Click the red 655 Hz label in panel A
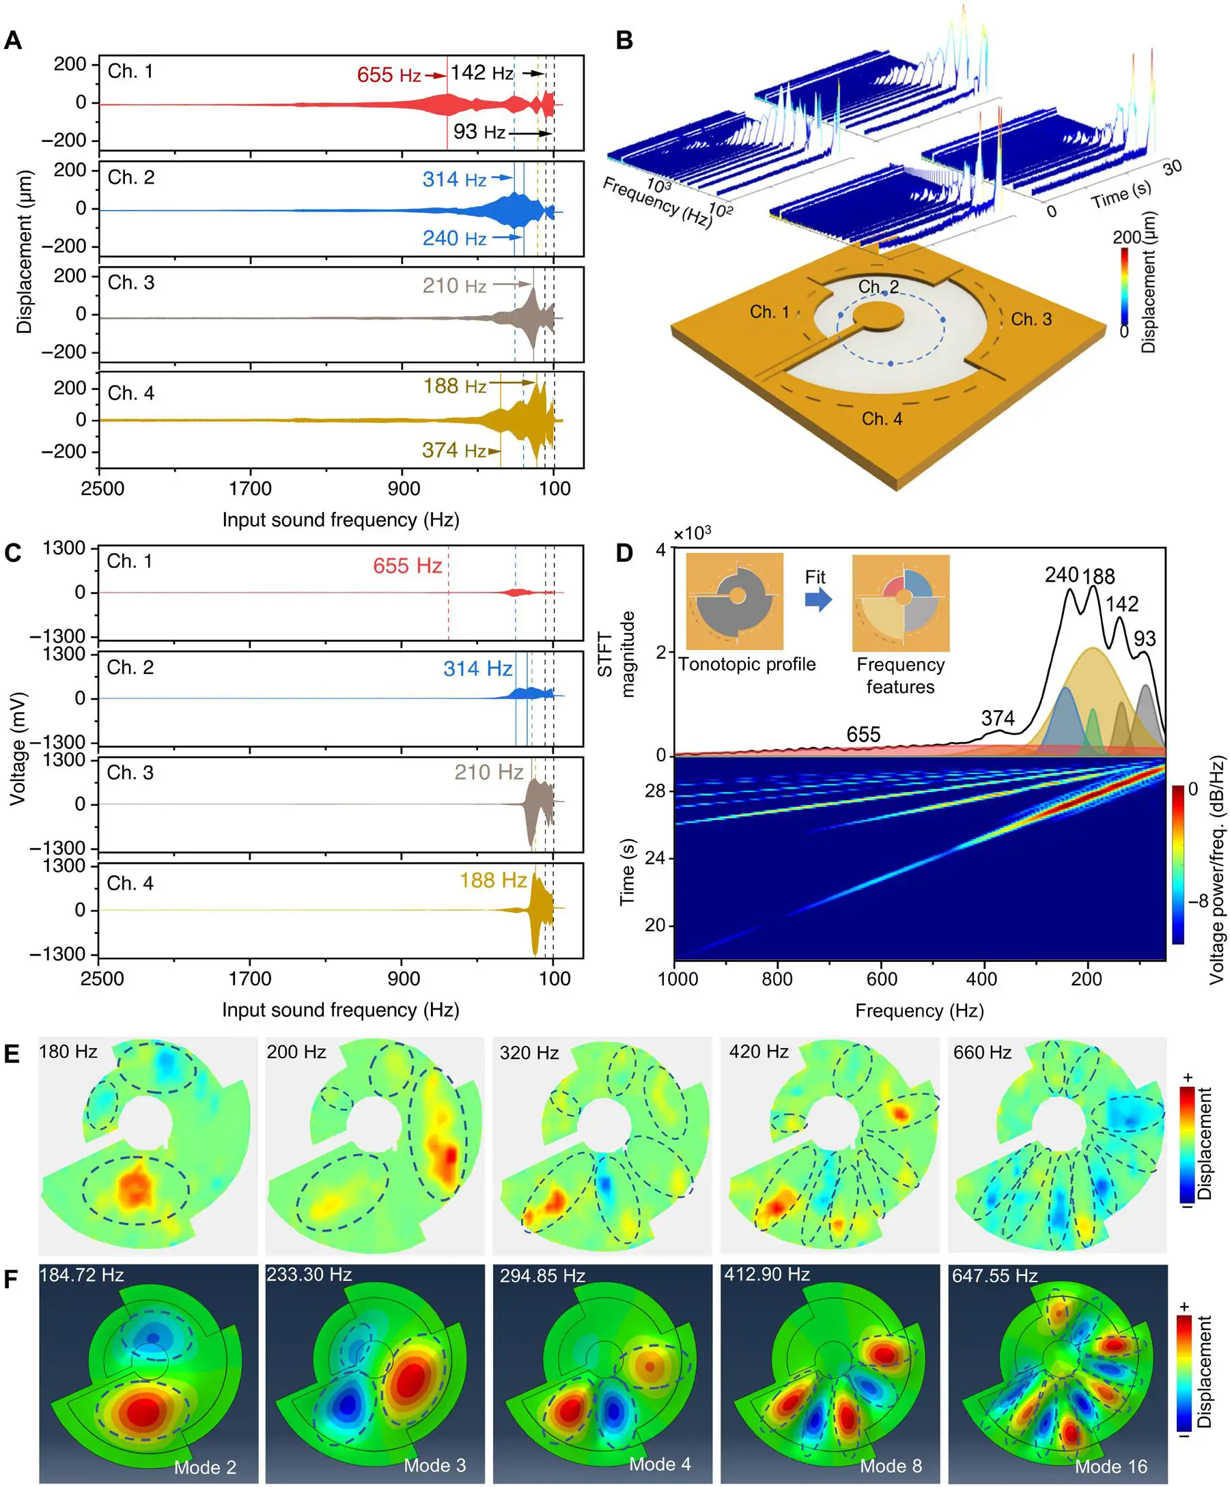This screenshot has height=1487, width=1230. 389,75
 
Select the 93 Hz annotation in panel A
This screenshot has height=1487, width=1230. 479,132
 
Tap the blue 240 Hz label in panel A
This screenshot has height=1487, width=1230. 454,239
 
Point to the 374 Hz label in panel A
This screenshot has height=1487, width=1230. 453,451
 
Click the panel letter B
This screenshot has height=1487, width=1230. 624,40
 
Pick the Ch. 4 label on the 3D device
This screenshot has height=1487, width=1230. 882,419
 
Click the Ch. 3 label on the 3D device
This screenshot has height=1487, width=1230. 1031,320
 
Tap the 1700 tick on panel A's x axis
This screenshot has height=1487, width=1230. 250,489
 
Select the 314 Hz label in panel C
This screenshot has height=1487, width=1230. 477,668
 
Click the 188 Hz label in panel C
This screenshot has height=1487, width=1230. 493,880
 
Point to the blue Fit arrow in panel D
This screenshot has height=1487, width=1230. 818,600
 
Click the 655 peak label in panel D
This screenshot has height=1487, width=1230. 863,735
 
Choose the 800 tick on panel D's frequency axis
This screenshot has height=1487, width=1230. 777,979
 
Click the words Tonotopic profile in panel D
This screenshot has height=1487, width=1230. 747,664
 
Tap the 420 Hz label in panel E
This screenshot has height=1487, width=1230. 758,1051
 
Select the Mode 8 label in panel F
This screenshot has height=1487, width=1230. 891,1466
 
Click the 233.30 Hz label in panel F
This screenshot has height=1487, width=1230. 309,1275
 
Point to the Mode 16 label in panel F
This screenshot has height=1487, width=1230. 1110,1467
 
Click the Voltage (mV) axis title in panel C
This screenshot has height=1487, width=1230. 18,749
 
